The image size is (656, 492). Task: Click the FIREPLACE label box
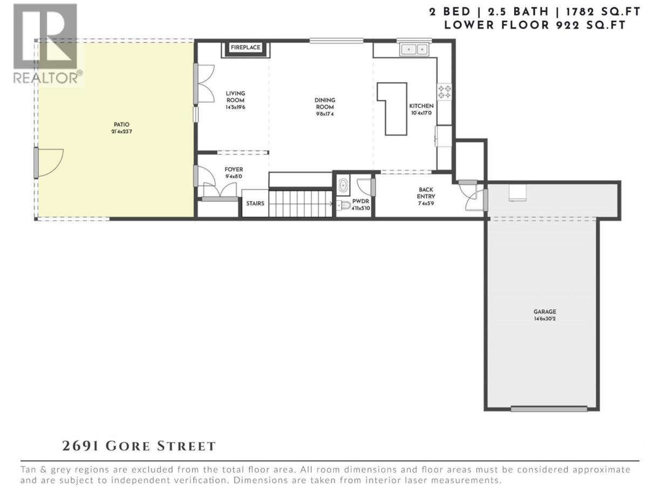(x=245, y=47)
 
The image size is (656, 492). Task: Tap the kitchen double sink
(x=414, y=49)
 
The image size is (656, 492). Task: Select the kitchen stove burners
(x=445, y=92)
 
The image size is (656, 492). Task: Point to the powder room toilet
(x=344, y=205)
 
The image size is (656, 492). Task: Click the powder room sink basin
(x=343, y=186)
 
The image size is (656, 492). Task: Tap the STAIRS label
(x=255, y=203)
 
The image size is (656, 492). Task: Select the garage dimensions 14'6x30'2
(x=545, y=318)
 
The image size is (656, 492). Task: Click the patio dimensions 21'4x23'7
(x=121, y=132)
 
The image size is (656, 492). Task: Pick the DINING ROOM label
(x=325, y=104)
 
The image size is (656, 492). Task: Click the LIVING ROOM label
(x=235, y=97)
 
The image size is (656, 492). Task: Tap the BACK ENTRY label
(x=426, y=193)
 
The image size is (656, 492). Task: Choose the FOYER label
(x=234, y=169)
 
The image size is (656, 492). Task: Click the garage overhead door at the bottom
(x=549, y=409)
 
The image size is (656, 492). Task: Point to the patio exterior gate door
(x=49, y=163)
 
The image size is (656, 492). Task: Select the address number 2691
(x=80, y=446)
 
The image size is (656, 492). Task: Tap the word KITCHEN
(x=421, y=106)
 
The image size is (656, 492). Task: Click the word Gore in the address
(x=128, y=446)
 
